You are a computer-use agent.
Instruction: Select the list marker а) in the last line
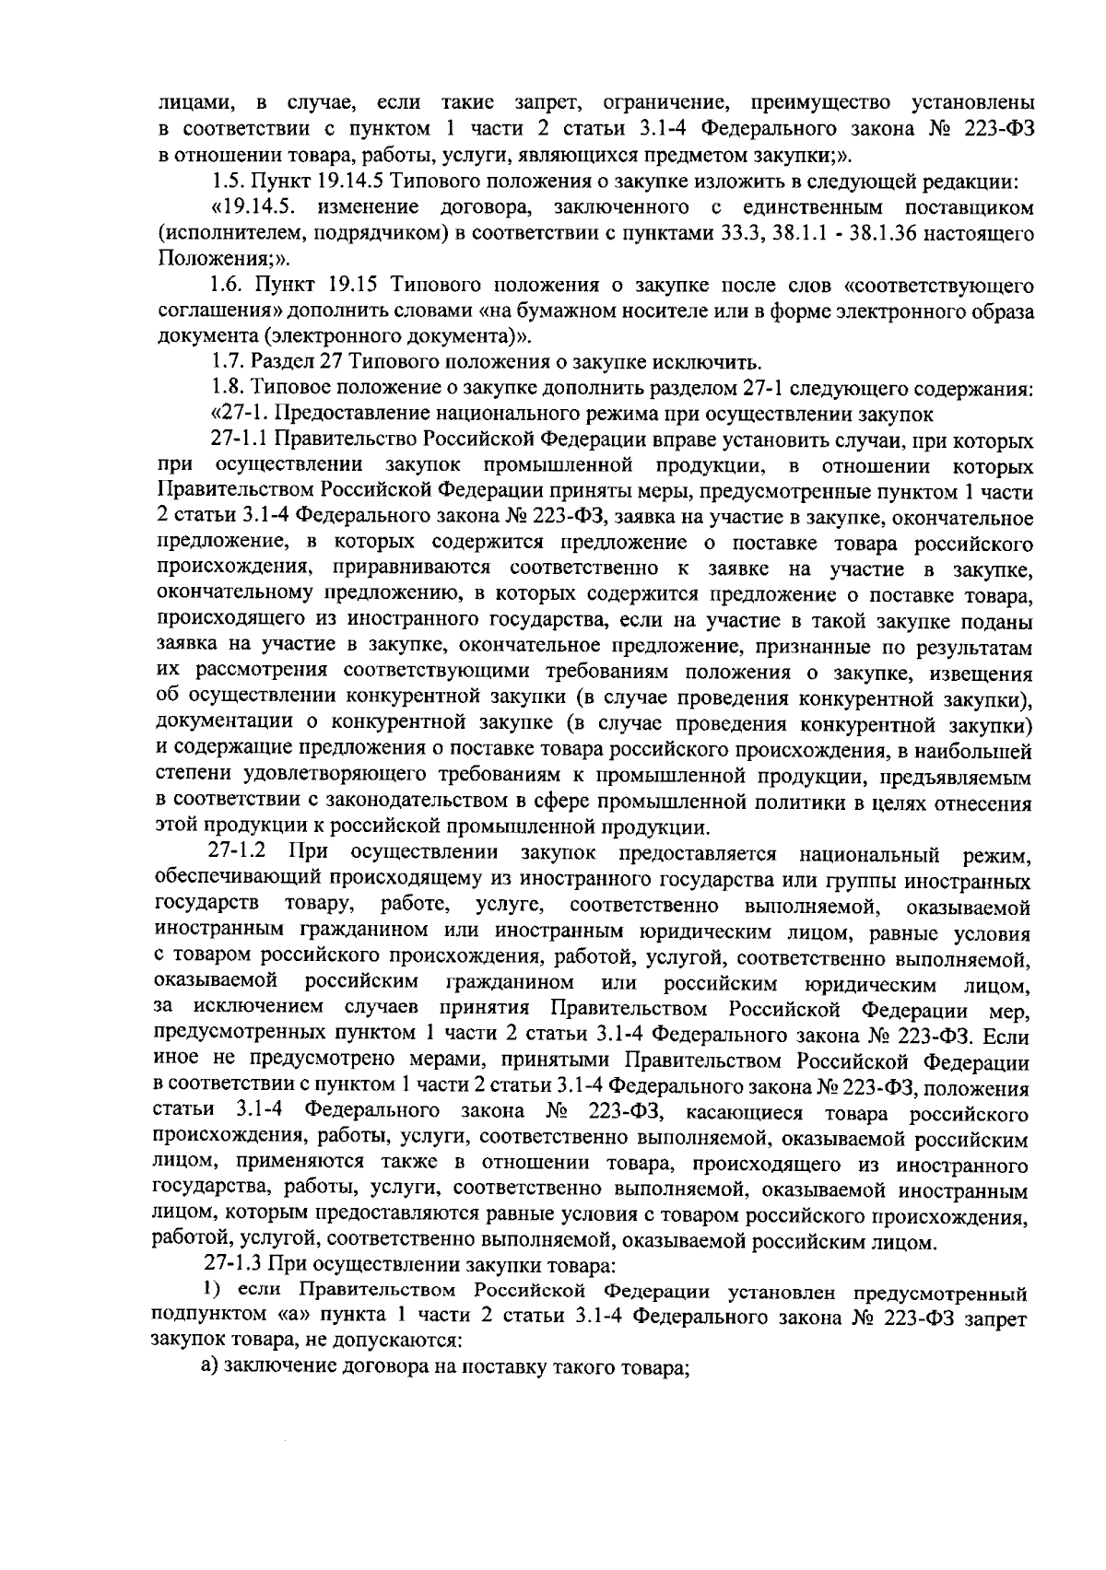(x=210, y=1367)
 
